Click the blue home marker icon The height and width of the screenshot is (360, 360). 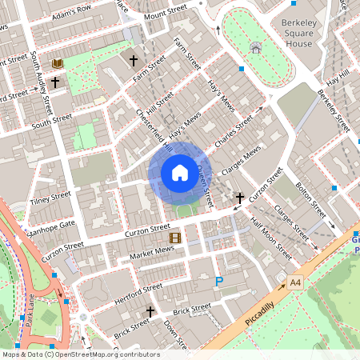point(180,172)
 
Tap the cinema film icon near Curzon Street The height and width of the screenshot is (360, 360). point(174,237)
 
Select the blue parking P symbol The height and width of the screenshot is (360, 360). point(219,281)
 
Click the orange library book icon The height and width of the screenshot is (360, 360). point(58,63)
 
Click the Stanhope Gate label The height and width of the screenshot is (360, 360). point(52,220)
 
